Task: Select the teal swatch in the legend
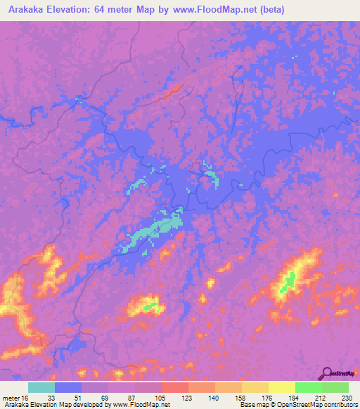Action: point(41,387)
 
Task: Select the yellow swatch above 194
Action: point(282,387)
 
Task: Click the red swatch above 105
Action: point(175,387)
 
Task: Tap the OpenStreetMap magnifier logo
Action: point(326,375)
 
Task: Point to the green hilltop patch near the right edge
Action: point(287,283)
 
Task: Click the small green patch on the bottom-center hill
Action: point(149,307)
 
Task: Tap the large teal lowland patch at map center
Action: point(151,233)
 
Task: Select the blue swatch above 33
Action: point(68,387)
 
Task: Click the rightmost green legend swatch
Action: point(335,387)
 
